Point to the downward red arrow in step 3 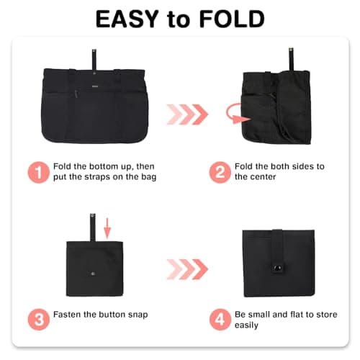coord(107,226)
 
